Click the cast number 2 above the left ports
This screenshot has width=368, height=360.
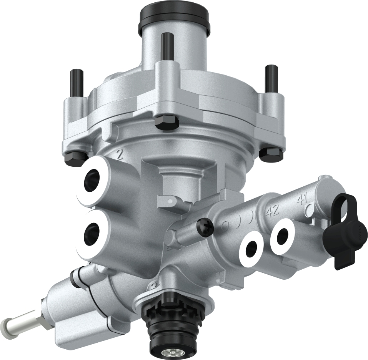(x=119, y=155)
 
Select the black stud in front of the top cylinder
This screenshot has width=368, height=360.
(x=167, y=46)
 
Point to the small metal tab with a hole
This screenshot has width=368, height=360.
(x=169, y=201)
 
